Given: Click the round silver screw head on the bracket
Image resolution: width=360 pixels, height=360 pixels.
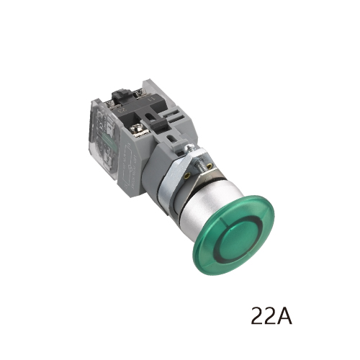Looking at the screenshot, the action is [189, 148].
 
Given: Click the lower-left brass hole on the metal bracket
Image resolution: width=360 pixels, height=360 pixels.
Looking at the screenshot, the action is [188, 176].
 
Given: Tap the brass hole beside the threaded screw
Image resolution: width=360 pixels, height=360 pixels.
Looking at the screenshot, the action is [210, 166].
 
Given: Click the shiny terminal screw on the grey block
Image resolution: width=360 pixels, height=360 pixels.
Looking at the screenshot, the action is [136, 130].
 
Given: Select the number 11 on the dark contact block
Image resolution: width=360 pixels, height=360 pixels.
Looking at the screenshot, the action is [151, 99].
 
